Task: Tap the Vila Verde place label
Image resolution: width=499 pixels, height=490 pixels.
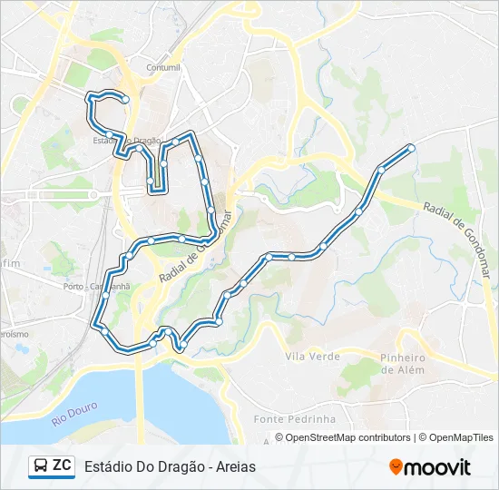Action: pyautogui.click(x=312, y=357)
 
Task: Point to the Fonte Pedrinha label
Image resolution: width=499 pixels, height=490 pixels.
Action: pyautogui.click(x=295, y=419)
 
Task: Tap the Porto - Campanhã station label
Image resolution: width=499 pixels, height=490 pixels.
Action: pyautogui.click(x=97, y=286)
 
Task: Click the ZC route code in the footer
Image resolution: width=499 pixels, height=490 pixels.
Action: pyautogui.click(x=62, y=465)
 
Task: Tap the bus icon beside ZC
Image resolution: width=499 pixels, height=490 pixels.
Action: pyautogui.click(x=41, y=466)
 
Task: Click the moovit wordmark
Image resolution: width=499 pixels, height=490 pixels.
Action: pyautogui.click(x=437, y=467)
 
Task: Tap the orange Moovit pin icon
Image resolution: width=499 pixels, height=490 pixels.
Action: pyautogui.click(x=396, y=466)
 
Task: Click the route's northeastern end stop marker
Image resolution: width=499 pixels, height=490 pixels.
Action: pyautogui.click(x=411, y=147)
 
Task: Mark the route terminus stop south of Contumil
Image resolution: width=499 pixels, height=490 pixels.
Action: pyautogui.click(x=126, y=98)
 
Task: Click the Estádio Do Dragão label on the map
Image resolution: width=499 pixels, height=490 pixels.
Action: pyautogui.click(x=126, y=141)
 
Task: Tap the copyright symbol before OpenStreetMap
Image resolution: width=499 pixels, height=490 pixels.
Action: pyautogui.click(x=279, y=437)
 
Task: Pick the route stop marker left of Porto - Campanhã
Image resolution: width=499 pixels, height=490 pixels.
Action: pyautogui.click(x=105, y=296)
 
